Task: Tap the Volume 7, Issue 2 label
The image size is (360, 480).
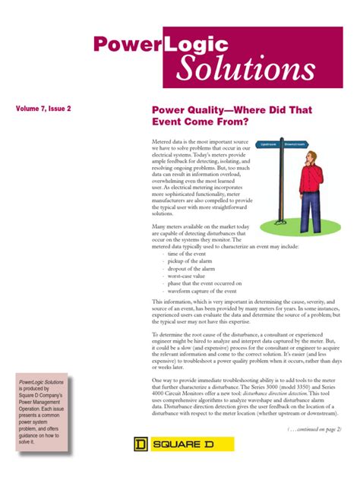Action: tap(44, 109)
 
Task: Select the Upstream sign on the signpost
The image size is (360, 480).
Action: tap(268, 144)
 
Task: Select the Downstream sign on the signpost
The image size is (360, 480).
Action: tap(296, 144)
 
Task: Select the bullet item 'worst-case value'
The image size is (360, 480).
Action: tap(188, 276)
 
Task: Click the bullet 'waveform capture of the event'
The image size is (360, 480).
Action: tap(203, 291)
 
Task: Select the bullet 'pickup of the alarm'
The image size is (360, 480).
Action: tap(191, 261)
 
